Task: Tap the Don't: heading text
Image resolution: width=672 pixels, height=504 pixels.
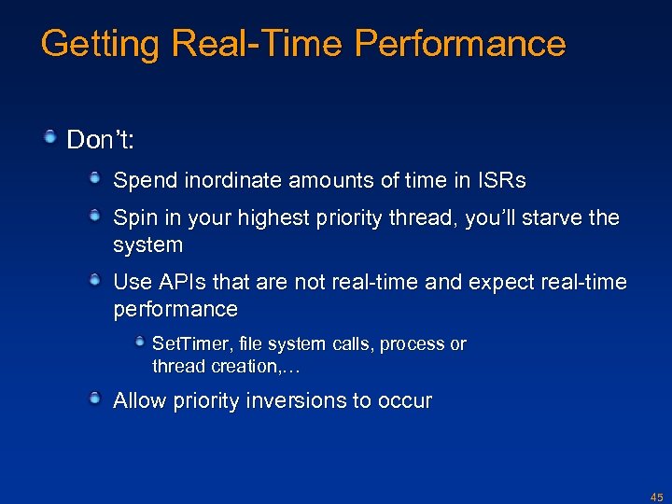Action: coord(102,140)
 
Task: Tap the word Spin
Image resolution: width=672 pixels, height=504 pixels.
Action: coord(133,218)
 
